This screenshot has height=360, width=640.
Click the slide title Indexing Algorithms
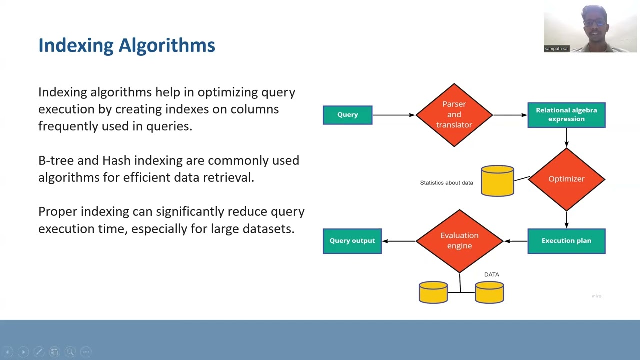(127, 45)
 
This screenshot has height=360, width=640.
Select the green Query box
(347, 115)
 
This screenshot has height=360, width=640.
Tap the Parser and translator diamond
(454, 115)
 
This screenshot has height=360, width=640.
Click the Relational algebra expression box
(566, 115)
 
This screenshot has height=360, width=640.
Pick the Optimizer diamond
(566, 179)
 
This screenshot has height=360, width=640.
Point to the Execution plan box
(566, 241)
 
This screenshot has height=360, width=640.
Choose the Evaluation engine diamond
(459, 241)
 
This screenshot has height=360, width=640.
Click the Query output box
(352, 241)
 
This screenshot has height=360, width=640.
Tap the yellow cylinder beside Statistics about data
(497, 181)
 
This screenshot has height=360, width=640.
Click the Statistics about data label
(446, 183)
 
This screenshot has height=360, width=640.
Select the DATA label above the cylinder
(491, 274)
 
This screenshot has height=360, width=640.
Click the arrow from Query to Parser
(394, 115)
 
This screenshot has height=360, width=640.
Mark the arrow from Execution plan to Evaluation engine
(515, 241)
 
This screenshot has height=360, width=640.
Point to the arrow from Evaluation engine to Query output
(399, 241)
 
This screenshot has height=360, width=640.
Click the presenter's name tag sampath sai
(557, 49)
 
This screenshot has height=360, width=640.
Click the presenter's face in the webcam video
(593, 22)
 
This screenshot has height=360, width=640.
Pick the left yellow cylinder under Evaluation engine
(433, 293)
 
